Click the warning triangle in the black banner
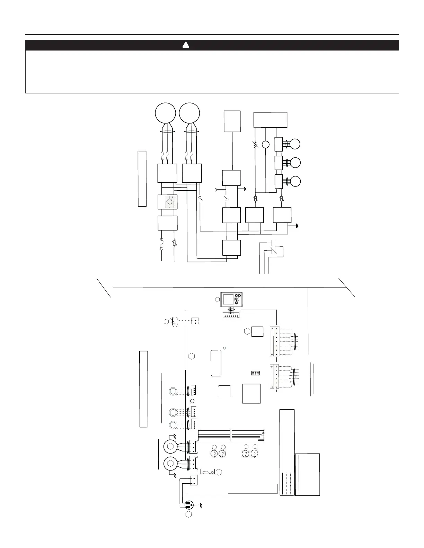186,45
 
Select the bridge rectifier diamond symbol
167,202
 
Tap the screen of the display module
228,299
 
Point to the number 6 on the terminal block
272,367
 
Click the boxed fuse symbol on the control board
207,472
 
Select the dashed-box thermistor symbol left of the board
174,321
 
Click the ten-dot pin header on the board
256,373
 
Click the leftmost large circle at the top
165,113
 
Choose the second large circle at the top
190,113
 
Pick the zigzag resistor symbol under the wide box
255,145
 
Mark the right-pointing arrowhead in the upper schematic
245,189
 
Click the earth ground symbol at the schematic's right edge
297,226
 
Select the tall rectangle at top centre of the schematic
232,121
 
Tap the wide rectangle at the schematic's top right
271,120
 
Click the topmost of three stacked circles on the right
295,144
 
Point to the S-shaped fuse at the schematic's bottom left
162,244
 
